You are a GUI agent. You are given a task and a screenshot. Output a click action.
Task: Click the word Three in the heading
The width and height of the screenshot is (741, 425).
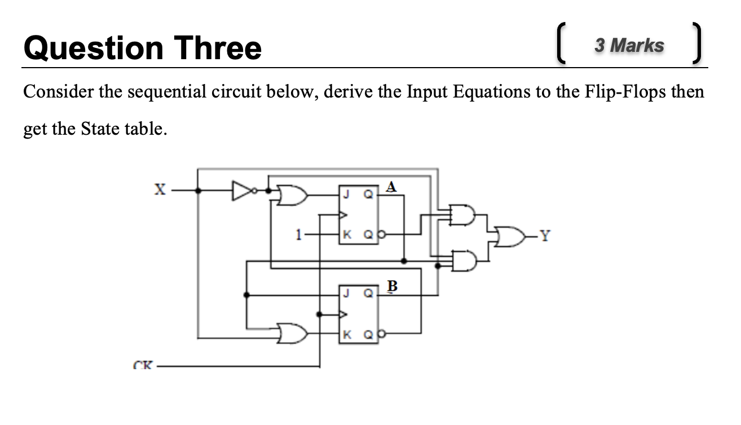(218, 48)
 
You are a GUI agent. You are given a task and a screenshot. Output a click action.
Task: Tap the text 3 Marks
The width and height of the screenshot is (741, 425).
(629, 45)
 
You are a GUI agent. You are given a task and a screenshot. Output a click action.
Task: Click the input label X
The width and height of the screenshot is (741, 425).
(160, 191)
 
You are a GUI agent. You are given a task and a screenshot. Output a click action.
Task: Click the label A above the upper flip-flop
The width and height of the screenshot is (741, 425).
(392, 187)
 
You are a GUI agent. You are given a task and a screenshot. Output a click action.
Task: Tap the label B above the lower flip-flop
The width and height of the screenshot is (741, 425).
(392, 286)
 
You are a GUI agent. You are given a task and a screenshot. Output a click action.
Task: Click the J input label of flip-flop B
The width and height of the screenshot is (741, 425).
(348, 293)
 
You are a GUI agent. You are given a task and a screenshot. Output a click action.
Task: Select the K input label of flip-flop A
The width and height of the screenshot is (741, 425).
(348, 233)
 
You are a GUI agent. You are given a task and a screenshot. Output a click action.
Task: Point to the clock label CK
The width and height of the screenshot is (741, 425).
(142, 365)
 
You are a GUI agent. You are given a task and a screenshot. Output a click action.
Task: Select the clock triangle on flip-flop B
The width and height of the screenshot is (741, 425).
(342, 314)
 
